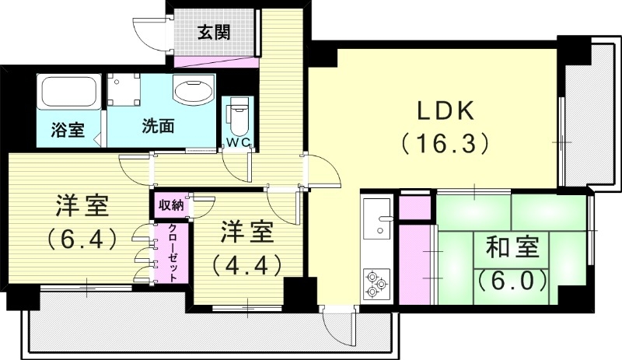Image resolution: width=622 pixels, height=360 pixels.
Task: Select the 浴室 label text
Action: [68, 130]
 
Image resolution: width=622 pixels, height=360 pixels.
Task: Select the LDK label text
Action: [446, 110]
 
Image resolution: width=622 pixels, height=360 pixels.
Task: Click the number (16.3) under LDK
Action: [445, 144]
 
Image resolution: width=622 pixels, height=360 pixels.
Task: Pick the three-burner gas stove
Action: [377, 284]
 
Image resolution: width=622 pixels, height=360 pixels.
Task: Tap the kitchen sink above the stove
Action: [379, 217]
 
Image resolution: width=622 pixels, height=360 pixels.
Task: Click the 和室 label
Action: [512, 250]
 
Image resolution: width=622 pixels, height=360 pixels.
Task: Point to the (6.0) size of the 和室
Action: [512, 280]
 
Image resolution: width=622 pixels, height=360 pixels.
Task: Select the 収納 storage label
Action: [170, 205]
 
